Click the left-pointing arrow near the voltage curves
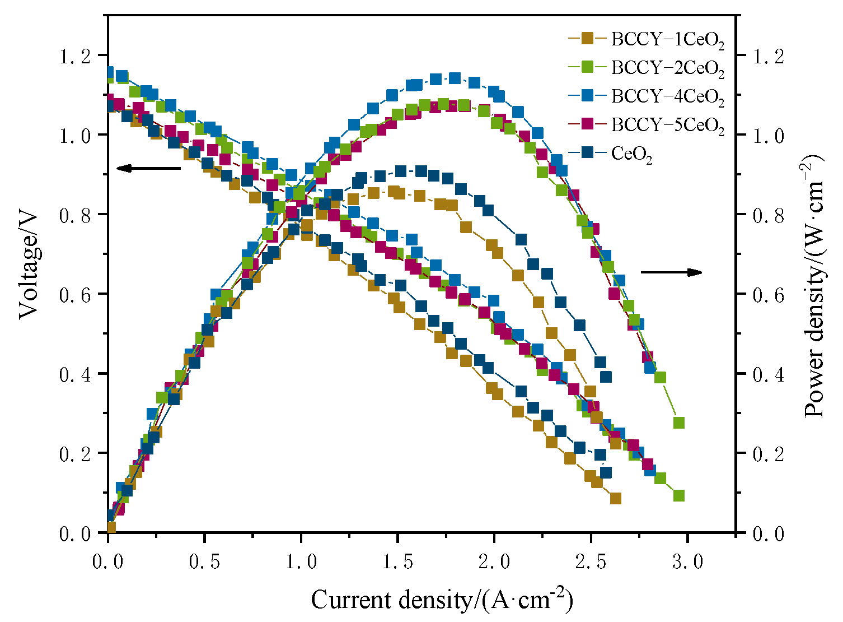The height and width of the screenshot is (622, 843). (148, 168)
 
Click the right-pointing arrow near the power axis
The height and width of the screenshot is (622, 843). (671, 272)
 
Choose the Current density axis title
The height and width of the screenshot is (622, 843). (442, 600)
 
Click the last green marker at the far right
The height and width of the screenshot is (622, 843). (679, 496)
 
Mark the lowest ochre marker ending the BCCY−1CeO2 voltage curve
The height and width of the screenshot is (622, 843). (616, 498)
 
